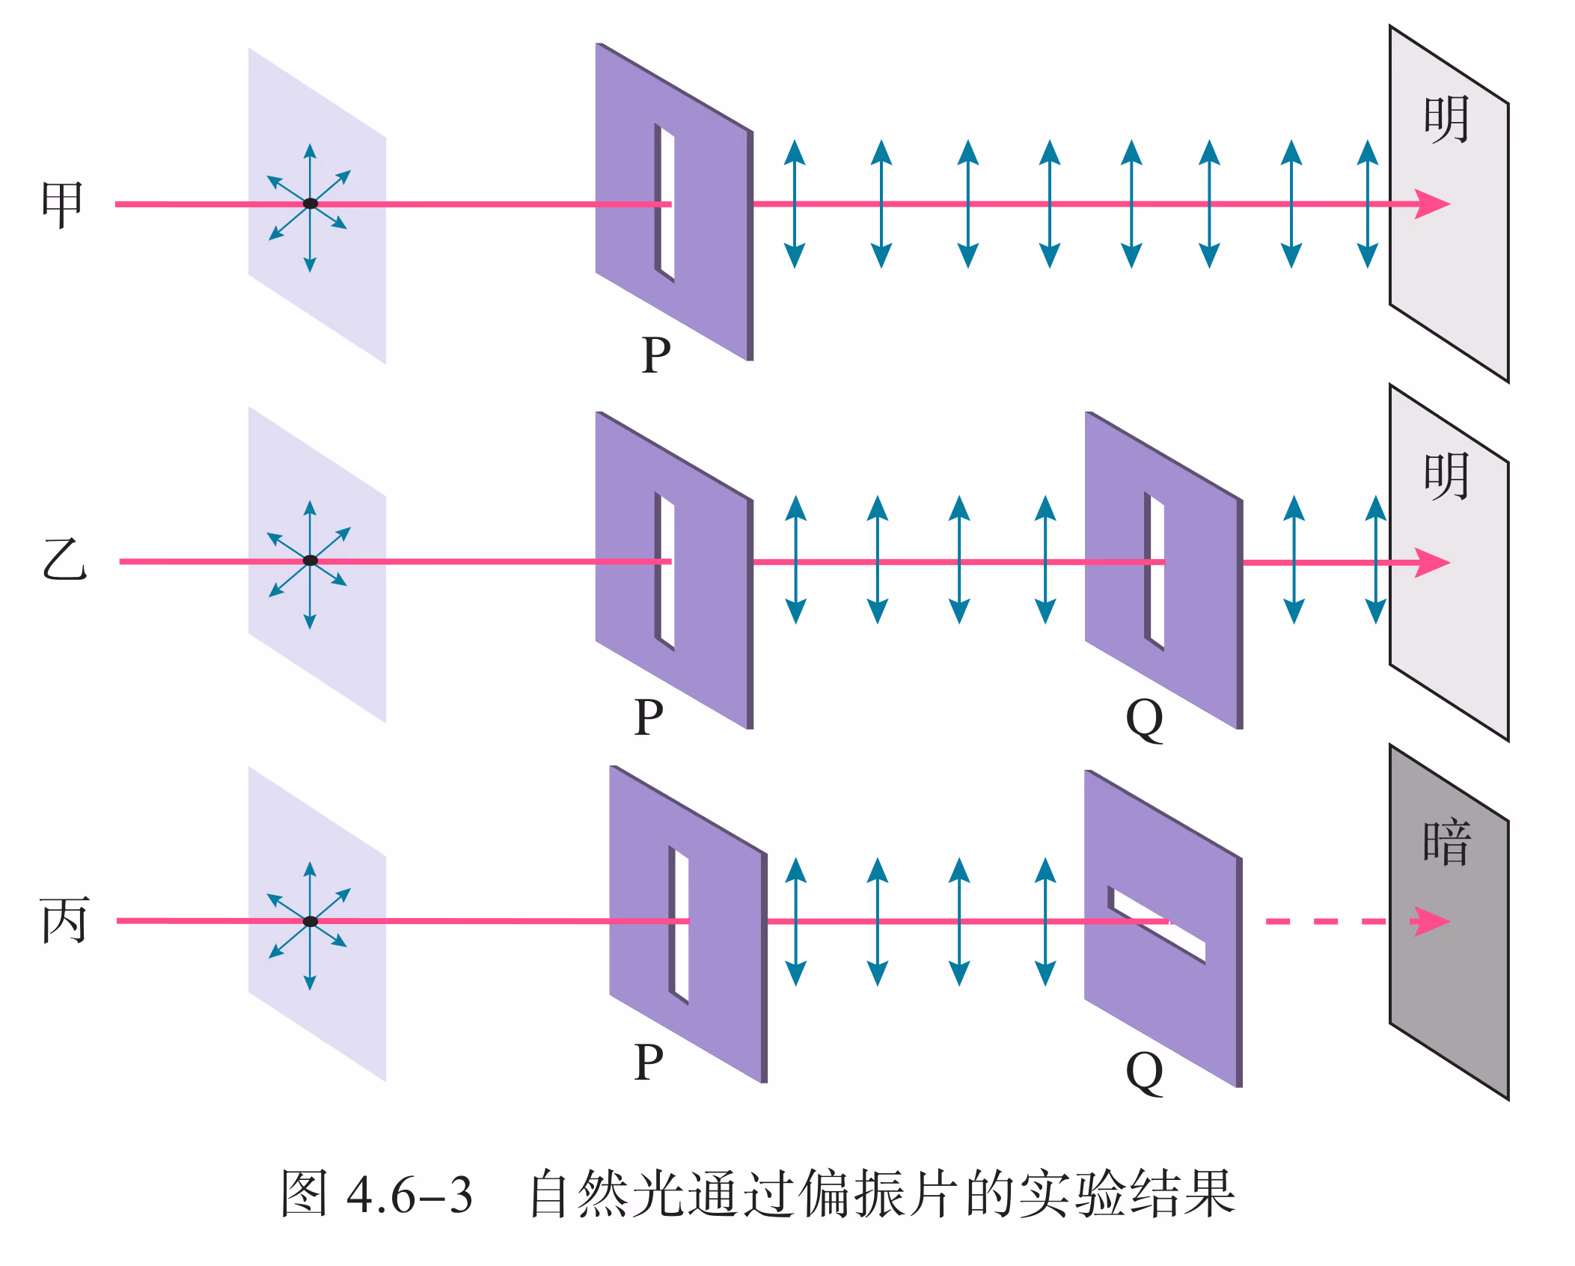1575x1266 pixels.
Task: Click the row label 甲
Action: click(x=62, y=204)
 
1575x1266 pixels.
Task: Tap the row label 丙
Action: click(x=64, y=920)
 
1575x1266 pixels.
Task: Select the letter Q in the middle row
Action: click(x=1145, y=720)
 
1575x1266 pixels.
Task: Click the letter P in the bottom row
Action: click(x=649, y=1062)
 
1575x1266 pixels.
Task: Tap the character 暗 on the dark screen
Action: click(x=1447, y=843)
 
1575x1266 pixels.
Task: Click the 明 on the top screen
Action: click(x=1447, y=120)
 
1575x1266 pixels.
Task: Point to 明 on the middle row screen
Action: click(x=1447, y=477)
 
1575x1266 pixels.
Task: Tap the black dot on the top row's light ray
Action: click(x=311, y=204)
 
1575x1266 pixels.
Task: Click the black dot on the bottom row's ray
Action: click(x=311, y=921)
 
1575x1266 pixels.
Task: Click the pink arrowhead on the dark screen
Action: click(x=1431, y=921)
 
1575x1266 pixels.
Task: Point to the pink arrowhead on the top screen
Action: click(x=1432, y=204)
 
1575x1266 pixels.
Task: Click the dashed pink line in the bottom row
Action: click(x=1324, y=921)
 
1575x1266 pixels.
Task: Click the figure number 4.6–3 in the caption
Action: click(x=409, y=1195)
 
